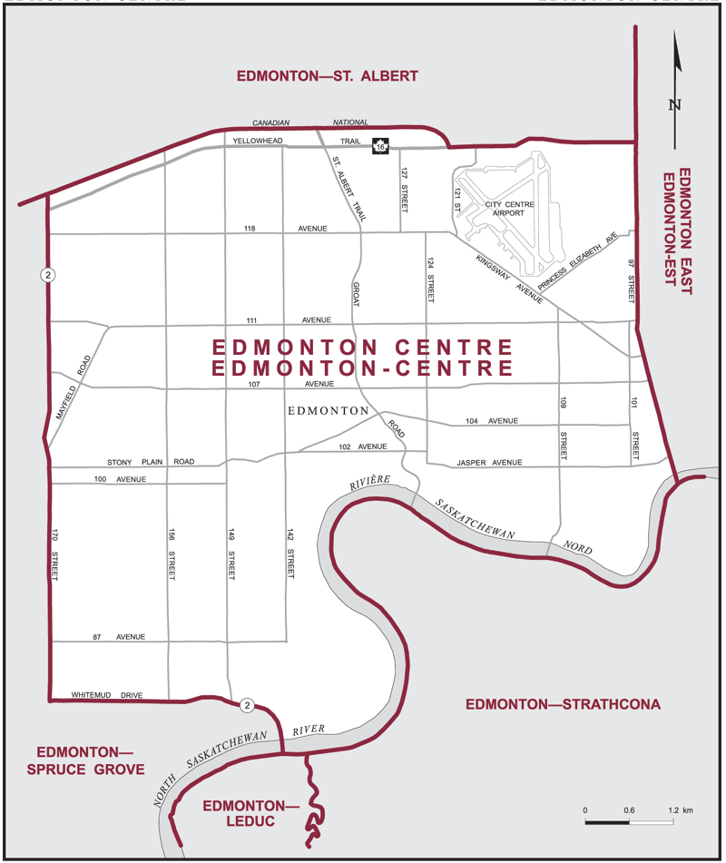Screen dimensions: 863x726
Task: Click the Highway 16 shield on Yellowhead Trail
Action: pos(381,147)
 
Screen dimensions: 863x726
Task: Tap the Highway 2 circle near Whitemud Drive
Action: pos(246,705)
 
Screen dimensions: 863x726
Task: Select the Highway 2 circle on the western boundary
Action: pos(45,274)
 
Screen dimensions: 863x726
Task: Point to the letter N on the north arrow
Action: pos(674,104)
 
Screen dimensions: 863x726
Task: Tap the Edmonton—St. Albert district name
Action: pos(327,76)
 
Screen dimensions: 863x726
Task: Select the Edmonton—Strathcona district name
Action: pos(562,704)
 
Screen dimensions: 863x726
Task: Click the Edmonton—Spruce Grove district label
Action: pos(90,760)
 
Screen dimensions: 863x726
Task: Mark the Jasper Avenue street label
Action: pos(489,463)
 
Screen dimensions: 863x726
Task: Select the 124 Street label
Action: pos(431,280)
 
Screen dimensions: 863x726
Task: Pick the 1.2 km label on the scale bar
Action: pos(681,809)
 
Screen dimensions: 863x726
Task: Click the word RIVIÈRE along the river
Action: pos(369,483)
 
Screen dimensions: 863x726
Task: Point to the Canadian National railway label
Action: pos(309,123)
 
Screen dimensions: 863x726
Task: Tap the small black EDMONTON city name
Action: pos(327,411)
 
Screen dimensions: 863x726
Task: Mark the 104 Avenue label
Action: pos(490,421)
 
